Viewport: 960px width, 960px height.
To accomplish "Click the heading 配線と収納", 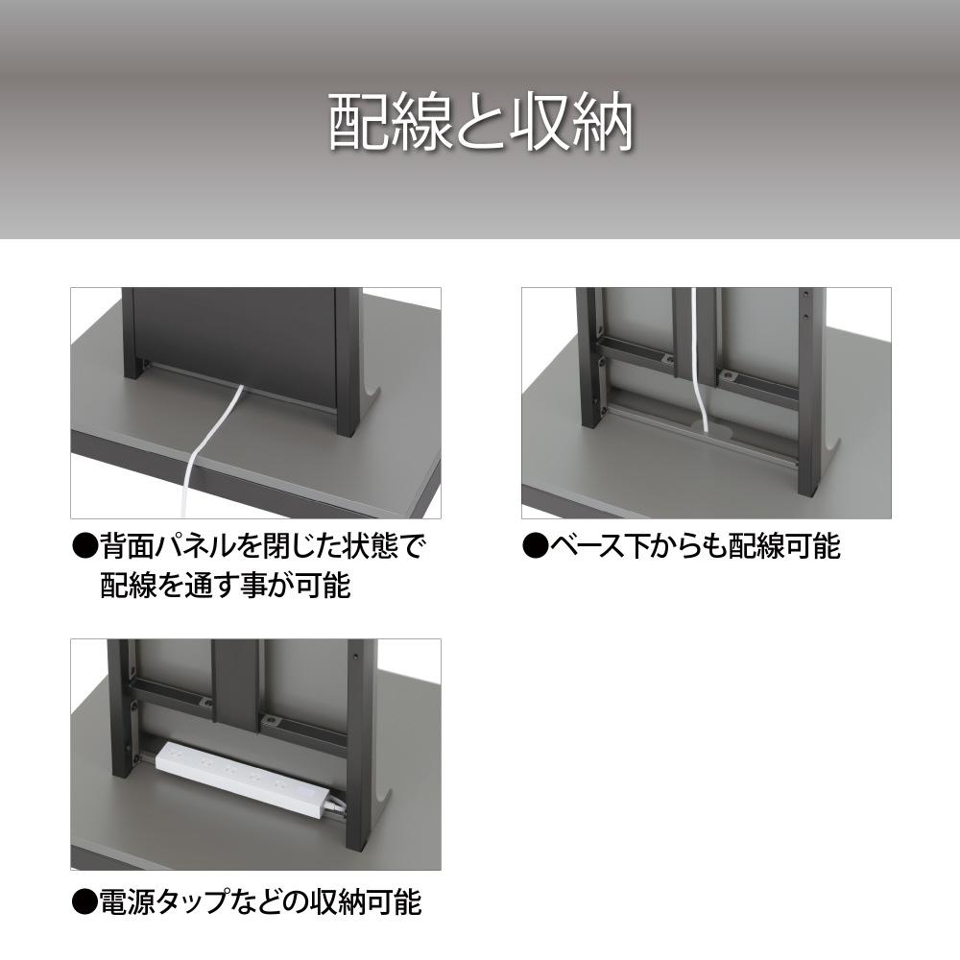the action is (481, 123).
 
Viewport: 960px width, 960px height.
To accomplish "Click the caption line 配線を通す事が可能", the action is (225, 586).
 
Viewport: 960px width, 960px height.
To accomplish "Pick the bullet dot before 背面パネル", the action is (85, 547).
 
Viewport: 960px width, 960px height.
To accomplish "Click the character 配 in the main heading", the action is (359, 123).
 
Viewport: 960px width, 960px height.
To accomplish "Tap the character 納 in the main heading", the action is (603, 123).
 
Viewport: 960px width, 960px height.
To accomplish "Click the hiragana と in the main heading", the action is (481, 124).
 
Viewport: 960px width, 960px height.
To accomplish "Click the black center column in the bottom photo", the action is (235, 684).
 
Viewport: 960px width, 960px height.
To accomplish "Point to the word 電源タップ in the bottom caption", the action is (173, 902).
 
